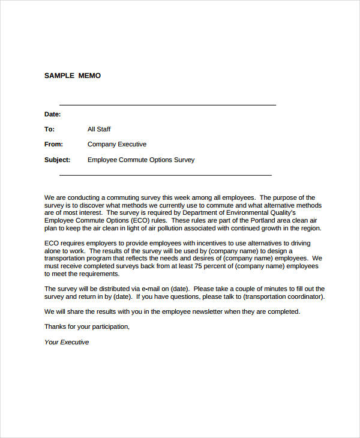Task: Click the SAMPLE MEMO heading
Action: [73, 76]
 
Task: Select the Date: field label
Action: [53, 114]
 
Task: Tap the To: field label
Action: [50, 129]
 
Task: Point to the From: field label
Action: [54, 145]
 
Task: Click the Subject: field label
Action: [58, 160]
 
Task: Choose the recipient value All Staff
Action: [99, 129]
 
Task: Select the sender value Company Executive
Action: [117, 145]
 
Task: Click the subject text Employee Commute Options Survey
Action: [141, 160]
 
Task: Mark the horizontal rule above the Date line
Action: [167, 105]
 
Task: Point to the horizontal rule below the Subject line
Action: [165, 175]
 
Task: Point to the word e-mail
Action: [154, 289]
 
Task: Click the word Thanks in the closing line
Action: [55, 327]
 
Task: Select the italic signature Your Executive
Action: [67, 343]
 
